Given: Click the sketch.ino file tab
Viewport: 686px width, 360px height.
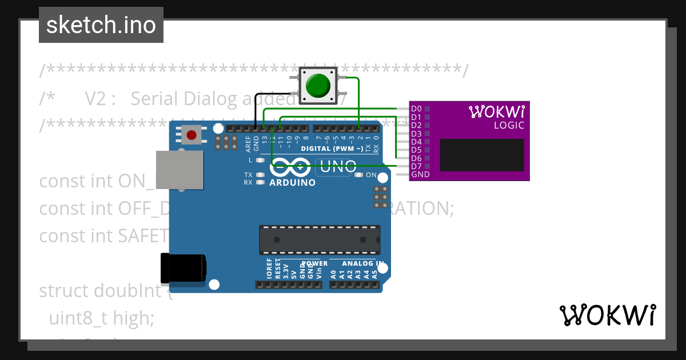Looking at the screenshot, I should click(x=101, y=25).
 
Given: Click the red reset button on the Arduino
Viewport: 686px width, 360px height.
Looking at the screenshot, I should click(x=192, y=135).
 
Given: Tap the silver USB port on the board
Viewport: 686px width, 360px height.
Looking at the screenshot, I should click(x=180, y=170).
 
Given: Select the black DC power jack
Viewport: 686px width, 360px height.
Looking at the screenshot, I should click(x=183, y=269).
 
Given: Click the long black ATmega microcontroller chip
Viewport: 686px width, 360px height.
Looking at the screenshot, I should click(x=319, y=239).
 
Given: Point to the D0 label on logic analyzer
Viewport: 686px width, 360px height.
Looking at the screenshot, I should click(x=416, y=109).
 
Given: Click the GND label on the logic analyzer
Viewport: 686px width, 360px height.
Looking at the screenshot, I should click(x=420, y=174).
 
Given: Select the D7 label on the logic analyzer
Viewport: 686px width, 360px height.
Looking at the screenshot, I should click(x=416, y=166).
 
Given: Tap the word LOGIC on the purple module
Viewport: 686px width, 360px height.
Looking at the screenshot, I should click(x=509, y=126).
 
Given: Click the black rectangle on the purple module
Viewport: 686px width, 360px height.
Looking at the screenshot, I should click(x=481, y=155).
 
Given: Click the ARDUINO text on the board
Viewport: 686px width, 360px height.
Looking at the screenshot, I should click(x=292, y=183).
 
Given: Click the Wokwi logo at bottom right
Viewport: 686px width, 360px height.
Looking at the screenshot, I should click(x=607, y=315).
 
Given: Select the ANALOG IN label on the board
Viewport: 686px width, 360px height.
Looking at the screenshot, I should click(x=363, y=263).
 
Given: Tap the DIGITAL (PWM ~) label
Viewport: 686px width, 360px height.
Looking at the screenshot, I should click(x=332, y=149).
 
